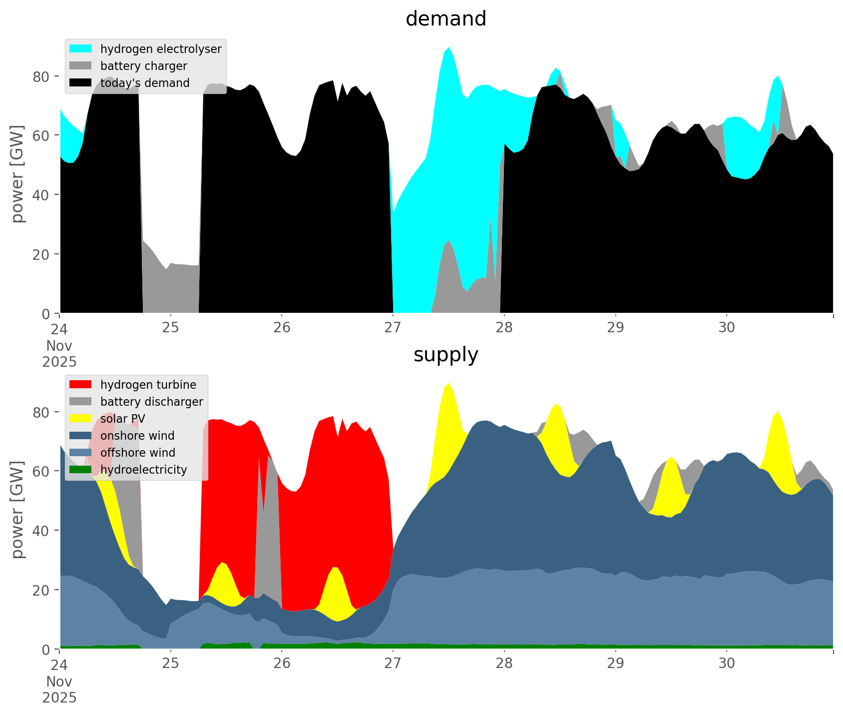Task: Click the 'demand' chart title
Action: pyautogui.click(x=445, y=19)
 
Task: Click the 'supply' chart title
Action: pyautogui.click(x=445, y=355)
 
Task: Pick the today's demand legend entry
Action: pyautogui.click(x=145, y=83)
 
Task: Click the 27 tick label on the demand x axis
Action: pyautogui.click(x=393, y=328)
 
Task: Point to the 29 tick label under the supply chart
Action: pyautogui.click(x=615, y=664)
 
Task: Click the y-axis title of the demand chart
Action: pyautogui.click(x=18, y=174)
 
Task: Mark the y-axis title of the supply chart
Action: pyautogui.click(x=18, y=510)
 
